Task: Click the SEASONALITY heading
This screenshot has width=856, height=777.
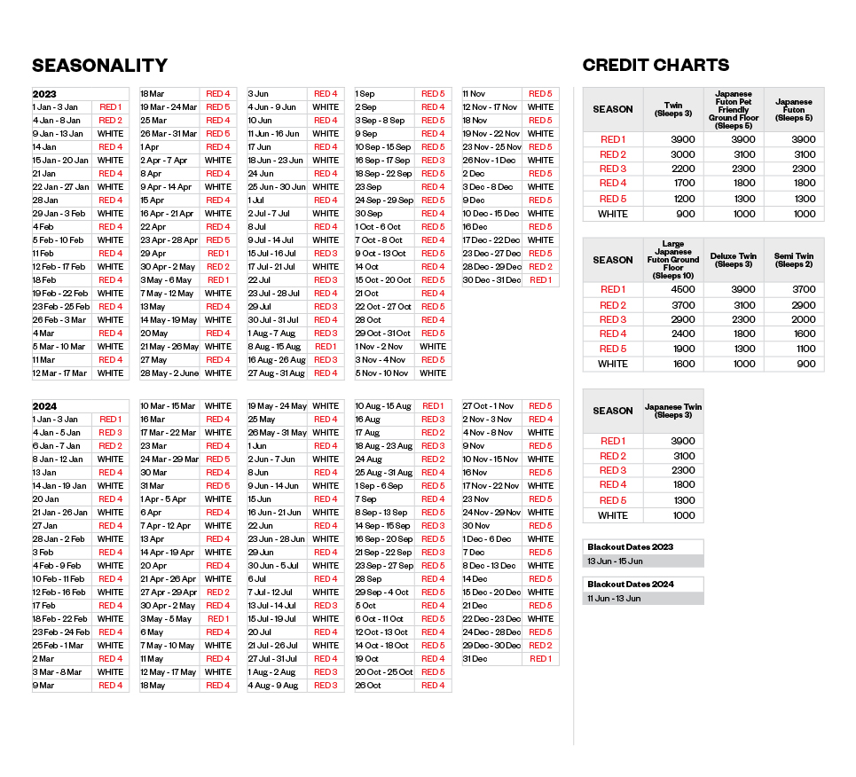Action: (99, 66)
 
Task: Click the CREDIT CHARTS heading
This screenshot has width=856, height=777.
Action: (656, 65)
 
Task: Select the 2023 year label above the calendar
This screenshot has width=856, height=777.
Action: (44, 94)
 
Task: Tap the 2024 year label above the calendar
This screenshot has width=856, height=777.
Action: (44, 406)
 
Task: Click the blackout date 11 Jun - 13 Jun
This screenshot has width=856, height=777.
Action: (615, 599)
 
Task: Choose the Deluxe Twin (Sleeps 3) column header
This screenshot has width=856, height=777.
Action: (734, 260)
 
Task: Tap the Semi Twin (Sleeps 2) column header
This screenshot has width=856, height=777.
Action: (793, 260)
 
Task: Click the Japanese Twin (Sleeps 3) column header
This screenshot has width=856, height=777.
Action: (673, 411)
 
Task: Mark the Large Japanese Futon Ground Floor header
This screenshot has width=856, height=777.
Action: (673, 259)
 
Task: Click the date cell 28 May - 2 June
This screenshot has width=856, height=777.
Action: (168, 373)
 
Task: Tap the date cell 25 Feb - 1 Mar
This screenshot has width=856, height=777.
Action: (59, 646)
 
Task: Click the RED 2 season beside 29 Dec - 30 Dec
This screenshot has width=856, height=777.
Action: (540, 646)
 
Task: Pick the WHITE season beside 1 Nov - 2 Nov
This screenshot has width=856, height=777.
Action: (433, 347)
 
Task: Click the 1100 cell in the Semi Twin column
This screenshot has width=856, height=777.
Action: (793, 349)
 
